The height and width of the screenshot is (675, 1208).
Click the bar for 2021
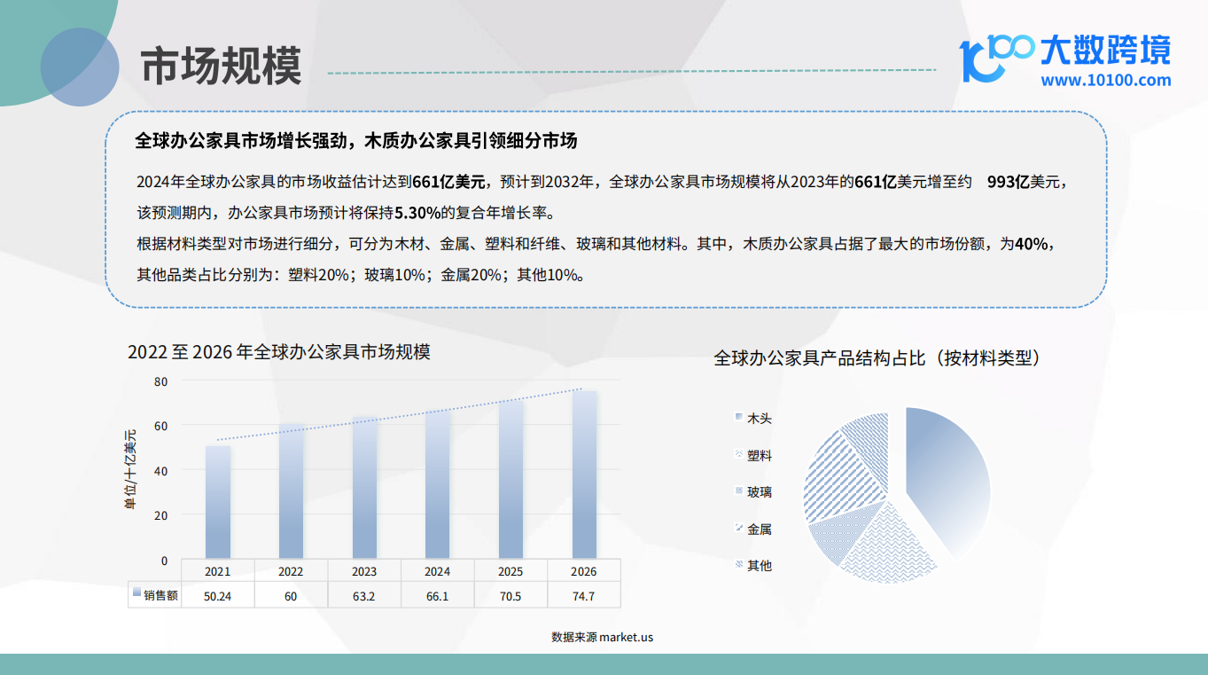[x=218, y=502]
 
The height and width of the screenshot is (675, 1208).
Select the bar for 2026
[x=584, y=475]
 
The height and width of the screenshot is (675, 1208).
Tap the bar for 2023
[x=364, y=487]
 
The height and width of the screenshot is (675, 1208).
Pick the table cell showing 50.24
[x=217, y=596]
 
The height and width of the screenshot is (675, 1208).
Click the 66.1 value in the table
[x=437, y=596]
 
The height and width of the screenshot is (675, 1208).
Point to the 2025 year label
[x=510, y=571]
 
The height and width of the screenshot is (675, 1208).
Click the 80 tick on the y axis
[x=160, y=381]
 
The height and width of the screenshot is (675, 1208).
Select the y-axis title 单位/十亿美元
[x=130, y=469]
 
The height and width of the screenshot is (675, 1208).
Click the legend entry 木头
[x=753, y=418]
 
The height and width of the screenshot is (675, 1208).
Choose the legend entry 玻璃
[x=753, y=491]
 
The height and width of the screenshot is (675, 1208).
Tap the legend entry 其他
[x=753, y=565]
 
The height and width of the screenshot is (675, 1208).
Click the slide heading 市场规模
[x=221, y=66]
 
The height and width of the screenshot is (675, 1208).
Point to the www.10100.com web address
[x=1105, y=81]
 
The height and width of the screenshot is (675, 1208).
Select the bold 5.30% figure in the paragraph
[x=417, y=213]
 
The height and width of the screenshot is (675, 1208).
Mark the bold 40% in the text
[x=1031, y=244]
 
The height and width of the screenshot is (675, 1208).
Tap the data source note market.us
[x=602, y=637]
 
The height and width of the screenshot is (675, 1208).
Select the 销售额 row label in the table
[x=155, y=595]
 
